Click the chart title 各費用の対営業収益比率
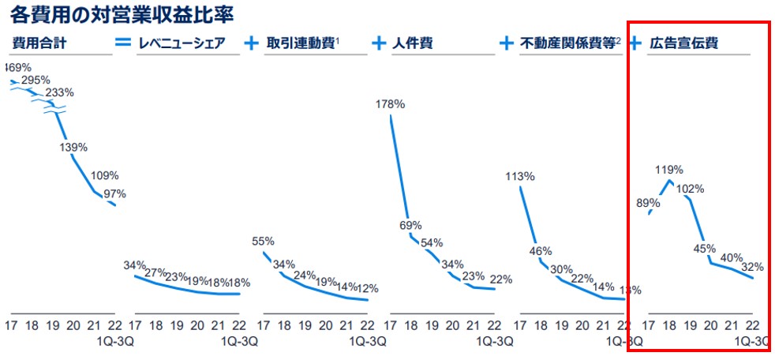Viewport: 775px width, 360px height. pyautogui.click(x=122, y=15)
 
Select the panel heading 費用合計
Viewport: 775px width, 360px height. pyautogui.click(x=39, y=43)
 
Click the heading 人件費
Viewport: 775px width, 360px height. pyautogui.click(x=412, y=43)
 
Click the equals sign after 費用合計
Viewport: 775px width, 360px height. pyautogui.click(x=123, y=43)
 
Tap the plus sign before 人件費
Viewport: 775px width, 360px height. pyautogui.click(x=380, y=43)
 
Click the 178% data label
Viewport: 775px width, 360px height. pyautogui.click(x=391, y=103)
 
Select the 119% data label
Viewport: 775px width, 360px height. pyautogui.click(x=668, y=169)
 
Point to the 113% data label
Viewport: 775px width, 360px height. pyautogui.click(x=520, y=177)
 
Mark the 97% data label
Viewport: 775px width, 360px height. pyautogui.click(x=114, y=194)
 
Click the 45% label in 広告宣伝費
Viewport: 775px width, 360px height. pyautogui.click(x=705, y=248)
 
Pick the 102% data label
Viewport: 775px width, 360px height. pyautogui.click(x=690, y=189)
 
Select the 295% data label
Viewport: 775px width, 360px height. pyautogui.click(x=36, y=80)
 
